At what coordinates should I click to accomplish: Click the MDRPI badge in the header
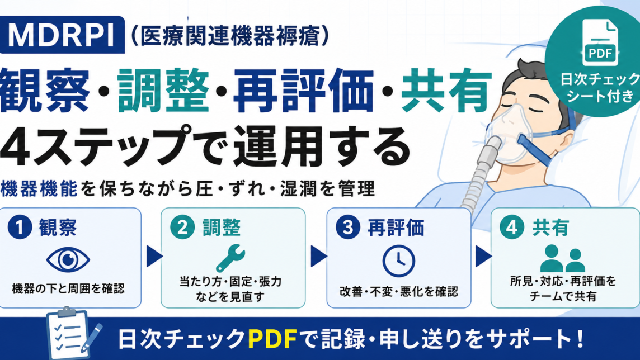point(62,35)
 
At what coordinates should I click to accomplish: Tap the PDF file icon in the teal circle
point(600,42)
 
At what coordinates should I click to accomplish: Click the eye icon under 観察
point(68,260)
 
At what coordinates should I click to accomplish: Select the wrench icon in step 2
point(230,258)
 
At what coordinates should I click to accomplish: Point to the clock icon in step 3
point(399,261)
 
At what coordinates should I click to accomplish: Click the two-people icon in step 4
point(563,258)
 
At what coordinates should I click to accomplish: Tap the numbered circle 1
point(20,227)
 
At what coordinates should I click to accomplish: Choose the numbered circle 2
point(182,227)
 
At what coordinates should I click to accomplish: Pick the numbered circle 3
point(348,227)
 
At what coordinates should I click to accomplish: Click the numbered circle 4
point(512,227)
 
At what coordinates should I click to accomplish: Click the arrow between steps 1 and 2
point(154,256)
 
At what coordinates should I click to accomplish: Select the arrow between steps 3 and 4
point(483,256)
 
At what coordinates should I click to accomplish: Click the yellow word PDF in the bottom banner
point(272,338)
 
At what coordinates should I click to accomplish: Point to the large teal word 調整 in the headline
point(163,91)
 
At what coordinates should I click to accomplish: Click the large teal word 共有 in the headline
point(446,91)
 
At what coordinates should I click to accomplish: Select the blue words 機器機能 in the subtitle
point(39,189)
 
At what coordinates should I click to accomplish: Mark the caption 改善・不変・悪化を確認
point(399,291)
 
